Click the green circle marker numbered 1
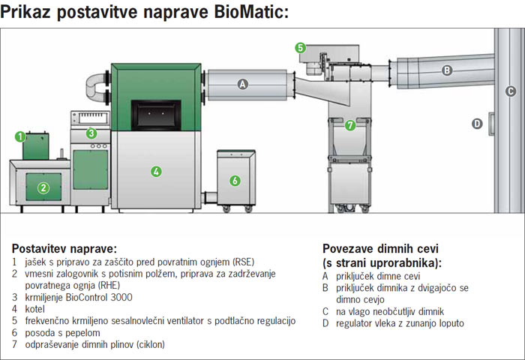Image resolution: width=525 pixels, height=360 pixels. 20,136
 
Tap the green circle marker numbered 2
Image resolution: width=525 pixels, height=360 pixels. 43,187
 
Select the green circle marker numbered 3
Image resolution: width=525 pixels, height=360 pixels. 91,133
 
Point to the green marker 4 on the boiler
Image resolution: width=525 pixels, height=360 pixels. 156,172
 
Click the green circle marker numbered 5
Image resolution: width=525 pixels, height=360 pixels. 300,48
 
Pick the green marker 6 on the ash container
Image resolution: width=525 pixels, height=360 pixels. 235,181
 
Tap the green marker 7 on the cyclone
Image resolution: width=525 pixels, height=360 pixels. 350,125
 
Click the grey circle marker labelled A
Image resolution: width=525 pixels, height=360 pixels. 243,84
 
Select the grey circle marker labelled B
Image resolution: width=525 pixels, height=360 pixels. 447,70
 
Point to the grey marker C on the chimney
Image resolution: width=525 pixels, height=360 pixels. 510,91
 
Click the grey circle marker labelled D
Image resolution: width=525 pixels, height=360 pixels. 477,124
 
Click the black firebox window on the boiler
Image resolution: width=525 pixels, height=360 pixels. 156,115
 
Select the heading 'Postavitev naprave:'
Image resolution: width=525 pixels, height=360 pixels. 64,249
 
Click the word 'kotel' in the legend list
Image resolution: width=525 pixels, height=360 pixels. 34,309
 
